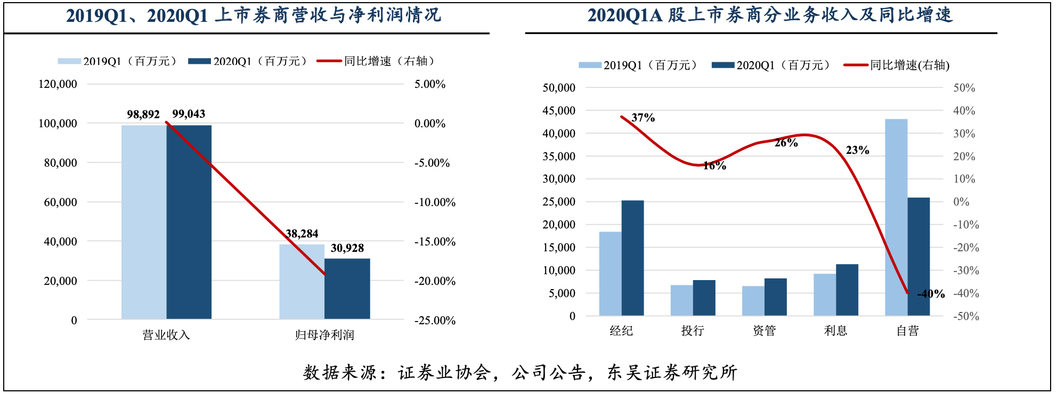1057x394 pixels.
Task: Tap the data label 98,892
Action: (143, 114)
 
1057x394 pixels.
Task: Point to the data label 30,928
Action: (347, 248)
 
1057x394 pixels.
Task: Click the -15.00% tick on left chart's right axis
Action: (435, 242)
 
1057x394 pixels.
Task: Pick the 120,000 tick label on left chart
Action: (58, 84)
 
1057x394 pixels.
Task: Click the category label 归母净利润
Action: (324, 335)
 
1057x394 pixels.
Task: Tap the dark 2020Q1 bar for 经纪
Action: (632, 258)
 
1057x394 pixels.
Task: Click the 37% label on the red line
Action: (643, 118)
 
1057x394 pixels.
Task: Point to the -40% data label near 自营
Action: (931, 294)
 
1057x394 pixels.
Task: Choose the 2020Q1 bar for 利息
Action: (847, 290)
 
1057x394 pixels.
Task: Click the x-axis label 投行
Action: (693, 331)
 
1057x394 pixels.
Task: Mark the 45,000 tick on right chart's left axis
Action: (559, 111)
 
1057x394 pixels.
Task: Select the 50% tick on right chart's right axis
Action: (964, 88)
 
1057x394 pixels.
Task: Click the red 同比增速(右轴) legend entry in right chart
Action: (897, 65)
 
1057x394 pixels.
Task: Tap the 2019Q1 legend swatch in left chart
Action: (69, 61)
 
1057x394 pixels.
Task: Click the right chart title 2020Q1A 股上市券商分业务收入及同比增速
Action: (770, 15)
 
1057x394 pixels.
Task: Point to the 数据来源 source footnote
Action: (520, 372)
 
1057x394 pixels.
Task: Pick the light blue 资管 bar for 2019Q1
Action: (753, 301)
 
